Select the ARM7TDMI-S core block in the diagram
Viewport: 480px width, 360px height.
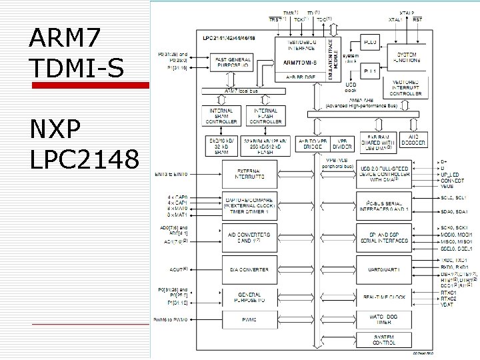300,62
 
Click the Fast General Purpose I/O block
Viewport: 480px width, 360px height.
233,62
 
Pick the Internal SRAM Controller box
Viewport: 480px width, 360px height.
221,116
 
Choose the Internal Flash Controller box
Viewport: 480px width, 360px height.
265,116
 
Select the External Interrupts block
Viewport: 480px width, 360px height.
249,175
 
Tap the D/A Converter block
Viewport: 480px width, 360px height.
249,269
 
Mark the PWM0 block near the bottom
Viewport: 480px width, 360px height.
249,319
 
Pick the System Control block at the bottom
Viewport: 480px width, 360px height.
384,340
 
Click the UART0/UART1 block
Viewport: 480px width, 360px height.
384,269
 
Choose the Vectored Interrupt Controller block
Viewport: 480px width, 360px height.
405,87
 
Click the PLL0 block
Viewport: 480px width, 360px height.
371,42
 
